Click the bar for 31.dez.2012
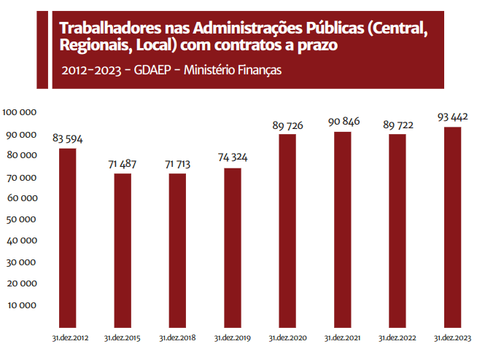point(68,238)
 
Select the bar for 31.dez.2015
point(123,250)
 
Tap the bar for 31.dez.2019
point(232,247)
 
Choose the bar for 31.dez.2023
point(452,227)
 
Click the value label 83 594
point(68,138)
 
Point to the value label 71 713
point(178,163)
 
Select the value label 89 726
point(287,125)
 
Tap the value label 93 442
point(452,117)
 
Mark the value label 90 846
point(343,122)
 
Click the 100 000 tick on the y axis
point(20,112)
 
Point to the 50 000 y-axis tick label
point(23,219)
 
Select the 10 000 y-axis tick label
point(23,305)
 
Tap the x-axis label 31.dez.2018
point(178,339)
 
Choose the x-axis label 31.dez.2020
point(287,339)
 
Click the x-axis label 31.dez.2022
point(397,339)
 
